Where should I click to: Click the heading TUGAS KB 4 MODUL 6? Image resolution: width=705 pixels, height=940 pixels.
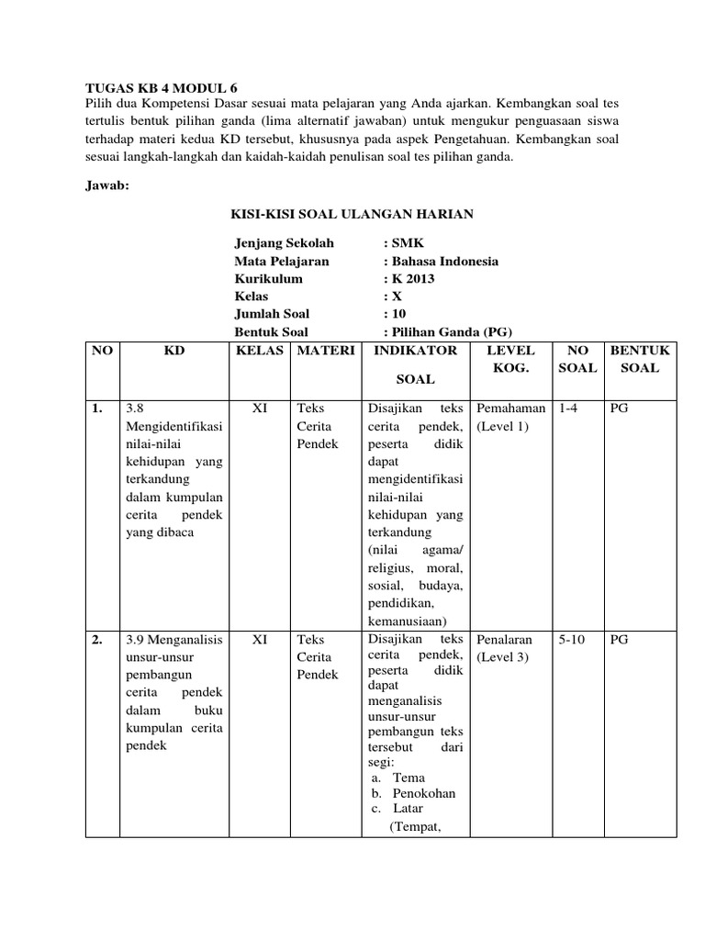click(x=161, y=88)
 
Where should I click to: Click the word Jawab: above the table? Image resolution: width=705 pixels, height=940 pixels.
click(x=108, y=184)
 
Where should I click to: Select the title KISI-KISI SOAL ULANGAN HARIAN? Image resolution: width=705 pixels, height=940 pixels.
click(x=351, y=214)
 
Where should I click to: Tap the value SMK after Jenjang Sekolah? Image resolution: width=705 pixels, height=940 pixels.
click(x=404, y=243)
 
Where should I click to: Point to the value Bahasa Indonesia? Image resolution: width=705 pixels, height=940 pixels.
click(x=444, y=262)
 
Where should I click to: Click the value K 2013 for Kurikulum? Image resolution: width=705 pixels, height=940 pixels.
click(x=412, y=279)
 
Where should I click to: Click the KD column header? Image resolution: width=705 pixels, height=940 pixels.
click(x=173, y=351)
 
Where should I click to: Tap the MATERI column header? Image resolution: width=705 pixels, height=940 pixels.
click(x=324, y=351)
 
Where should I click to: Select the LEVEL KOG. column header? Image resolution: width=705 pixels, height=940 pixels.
click(x=509, y=359)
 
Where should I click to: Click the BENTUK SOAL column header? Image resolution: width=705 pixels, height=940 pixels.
click(x=640, y=359)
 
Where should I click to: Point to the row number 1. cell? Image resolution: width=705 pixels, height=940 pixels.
click(x=97, y=408)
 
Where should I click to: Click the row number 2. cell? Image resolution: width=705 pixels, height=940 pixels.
click(x=97, y=640)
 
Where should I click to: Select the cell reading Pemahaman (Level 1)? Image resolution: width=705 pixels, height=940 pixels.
click(x=510, y=418)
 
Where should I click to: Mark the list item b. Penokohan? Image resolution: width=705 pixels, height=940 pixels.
click(x=413, y=793)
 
